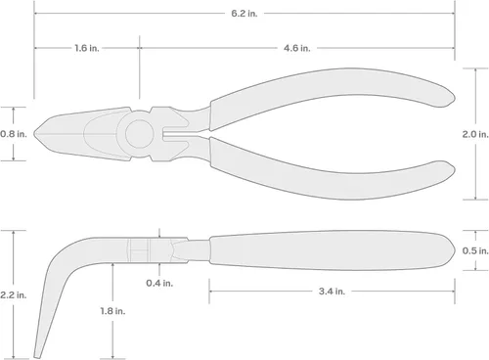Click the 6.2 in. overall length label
point(244,14)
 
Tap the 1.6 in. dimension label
point(86,48)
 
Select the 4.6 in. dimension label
point(296,48)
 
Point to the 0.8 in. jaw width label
point(14,134)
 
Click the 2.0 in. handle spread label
point(475,134)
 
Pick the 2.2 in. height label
point(13,295)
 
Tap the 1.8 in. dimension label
point(112,311)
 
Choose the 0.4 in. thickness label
point(159,283)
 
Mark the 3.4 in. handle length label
point(332,292)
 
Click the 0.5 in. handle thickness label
point(475,250)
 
